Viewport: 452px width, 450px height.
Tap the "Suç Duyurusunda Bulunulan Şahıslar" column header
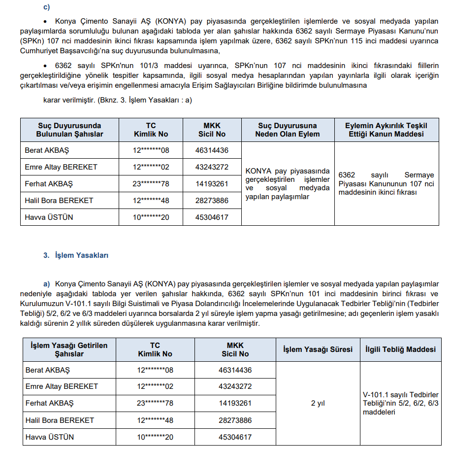pyautogui.click(x=69, y=130)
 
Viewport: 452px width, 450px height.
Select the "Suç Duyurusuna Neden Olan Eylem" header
pyautogui.click(x=288, y=130)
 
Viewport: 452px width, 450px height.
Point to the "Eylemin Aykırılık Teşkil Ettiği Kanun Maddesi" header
pyautogui.click(x=386, y=130)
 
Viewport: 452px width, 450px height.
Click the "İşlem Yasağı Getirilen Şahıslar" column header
pyautogui.click(x=69, y=349)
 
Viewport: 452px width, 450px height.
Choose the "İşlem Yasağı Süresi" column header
pyautogui.click(x=318, y=349)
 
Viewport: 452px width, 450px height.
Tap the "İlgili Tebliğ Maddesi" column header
pyautogui.click(x=400, y=349)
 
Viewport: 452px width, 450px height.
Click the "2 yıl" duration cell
pyautogui.click(x=318, y=403)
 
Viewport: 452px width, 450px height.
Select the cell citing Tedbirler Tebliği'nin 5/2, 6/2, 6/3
pyautogui.click(x=400, y=403)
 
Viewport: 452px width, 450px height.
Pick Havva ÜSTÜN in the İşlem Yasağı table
pyautogui.click(x=49, y=437)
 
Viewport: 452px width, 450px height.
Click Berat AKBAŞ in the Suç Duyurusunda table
pyautogui.click(x=47, y=150)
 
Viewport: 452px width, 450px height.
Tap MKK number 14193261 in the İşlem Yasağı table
pyautogui.click(x=235, y=403)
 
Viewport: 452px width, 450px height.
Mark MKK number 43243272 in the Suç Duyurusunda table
pyautogui.click(x=212, y=167)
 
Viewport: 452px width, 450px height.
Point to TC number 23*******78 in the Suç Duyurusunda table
pyautogui.click(x=150, y=184)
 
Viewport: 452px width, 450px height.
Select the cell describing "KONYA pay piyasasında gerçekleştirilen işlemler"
pyautogui.click(x=288, y=184)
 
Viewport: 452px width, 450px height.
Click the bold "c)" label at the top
pyautogui.click(x=47, y=7)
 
